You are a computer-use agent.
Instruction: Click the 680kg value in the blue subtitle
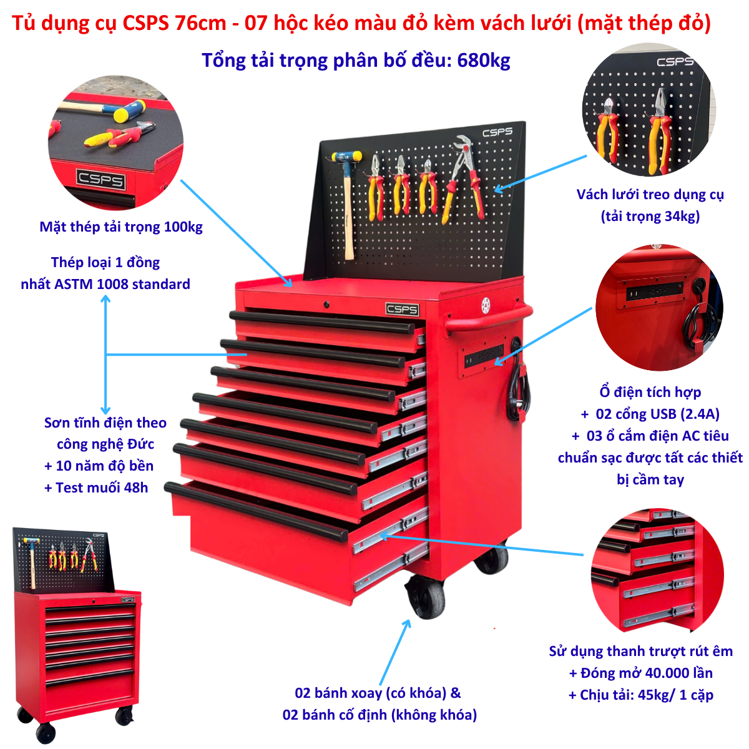(483, 61)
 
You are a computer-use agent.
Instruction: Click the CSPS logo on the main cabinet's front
(402, 309)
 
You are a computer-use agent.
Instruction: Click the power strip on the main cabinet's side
(481, 356)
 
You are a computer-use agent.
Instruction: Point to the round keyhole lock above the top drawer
(326, 305)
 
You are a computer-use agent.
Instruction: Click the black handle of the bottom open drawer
(256, 511)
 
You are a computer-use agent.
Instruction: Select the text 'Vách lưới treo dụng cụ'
(650, 195)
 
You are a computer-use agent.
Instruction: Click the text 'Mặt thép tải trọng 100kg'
(121, 227)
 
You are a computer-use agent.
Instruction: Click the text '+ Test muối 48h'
(96, 487)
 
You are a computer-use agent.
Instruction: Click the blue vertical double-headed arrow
(105, 355)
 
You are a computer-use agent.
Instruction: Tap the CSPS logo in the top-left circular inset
(101, 180)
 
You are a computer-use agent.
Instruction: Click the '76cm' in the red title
(200, 23)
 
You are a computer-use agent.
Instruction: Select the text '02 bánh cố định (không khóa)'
(379, 715)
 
